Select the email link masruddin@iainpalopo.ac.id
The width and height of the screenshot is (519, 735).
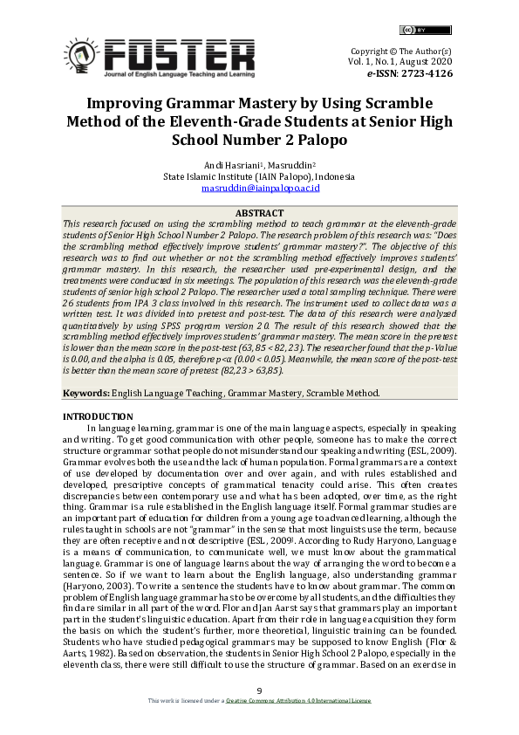(259, 188)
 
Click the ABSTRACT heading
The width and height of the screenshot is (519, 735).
(259, 213)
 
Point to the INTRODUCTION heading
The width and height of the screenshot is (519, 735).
(98, 417)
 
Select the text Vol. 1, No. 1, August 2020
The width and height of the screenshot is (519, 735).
(400, 63)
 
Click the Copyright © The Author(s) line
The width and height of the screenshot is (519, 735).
(400, 52)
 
